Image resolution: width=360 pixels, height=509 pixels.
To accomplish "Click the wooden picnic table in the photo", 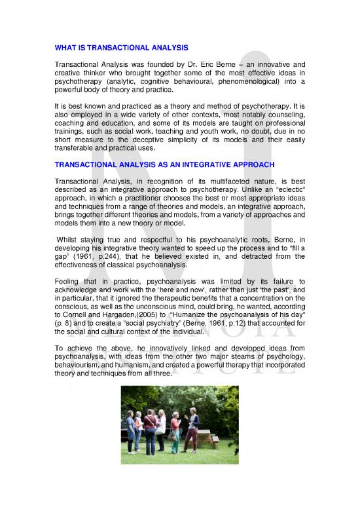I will coord(207,435).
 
